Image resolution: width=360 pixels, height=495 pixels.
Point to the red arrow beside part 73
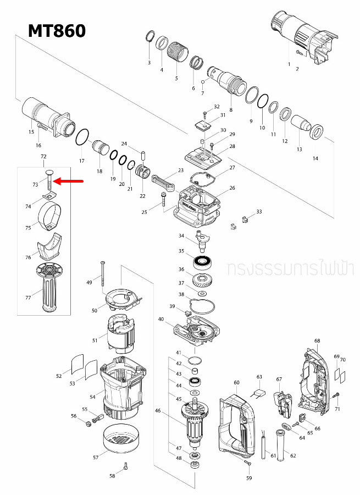pos(69,181)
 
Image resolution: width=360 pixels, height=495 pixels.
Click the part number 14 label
pos(315,158)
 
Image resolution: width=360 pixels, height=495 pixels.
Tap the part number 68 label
pos(317,341)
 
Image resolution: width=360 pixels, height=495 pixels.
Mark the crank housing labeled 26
pos(198,206)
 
